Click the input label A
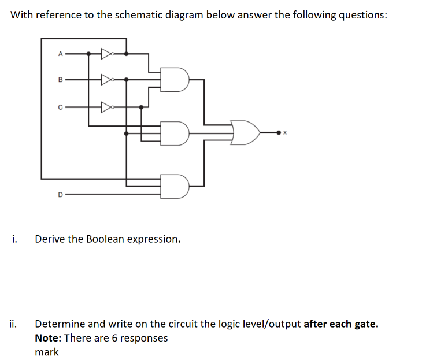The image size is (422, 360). click(x=60, y=54)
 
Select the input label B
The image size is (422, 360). click(x=60, y=79)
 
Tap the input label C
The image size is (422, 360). click(x=60, y=106)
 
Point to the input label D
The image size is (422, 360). click(x=60, y=195)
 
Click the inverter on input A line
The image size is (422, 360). click(x=106, y=54)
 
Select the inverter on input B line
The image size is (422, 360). click(x=106, y=79)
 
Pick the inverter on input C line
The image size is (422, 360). click(x=106, y=106)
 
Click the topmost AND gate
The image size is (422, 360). click(x=175, y=80)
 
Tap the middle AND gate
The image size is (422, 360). click(x=175, y=132)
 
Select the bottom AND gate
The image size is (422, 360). click(x=175, y=186)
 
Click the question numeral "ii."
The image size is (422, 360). click(x=14, y=324)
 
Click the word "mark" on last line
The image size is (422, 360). click(x=46, y=352)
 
